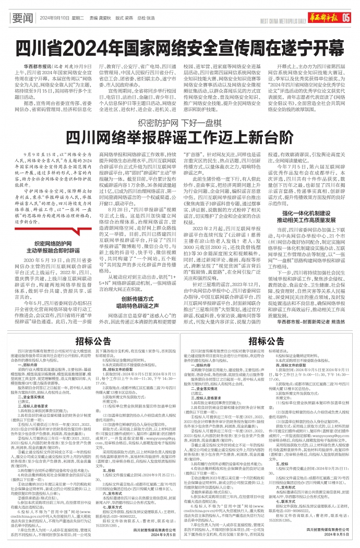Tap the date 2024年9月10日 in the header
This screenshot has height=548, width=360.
[x=54, y=17]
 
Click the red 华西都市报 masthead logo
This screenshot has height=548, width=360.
[x=323, y=17]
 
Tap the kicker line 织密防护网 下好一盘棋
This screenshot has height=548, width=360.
[x=179, y=123]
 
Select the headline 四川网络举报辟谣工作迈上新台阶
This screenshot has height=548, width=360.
[x=179, y=138]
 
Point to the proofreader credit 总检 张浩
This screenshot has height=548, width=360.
[x=148, y=17]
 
